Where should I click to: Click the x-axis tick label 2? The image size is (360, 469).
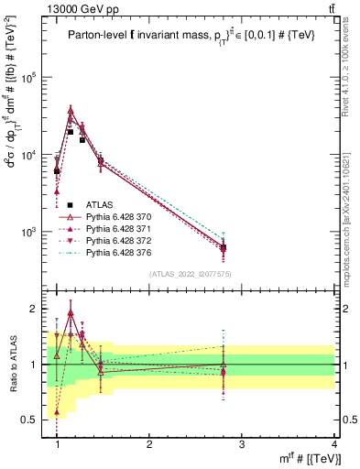[x=150, y=443]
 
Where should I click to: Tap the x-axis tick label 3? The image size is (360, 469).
[x=242, y=443]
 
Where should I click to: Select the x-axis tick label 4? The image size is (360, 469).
[x=333, y=443]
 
